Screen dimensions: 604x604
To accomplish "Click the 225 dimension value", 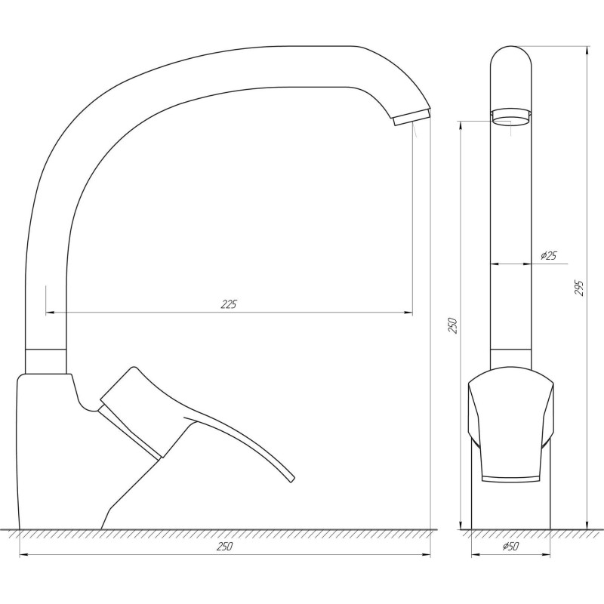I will [x=229, y=304].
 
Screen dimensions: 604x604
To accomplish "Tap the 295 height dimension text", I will [x=579, y=288].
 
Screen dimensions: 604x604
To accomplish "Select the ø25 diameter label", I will [x=549, y=256].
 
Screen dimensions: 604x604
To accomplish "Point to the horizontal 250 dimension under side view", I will [x=224, y=547].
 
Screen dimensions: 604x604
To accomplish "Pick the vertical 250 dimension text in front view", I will [x=452, y=325].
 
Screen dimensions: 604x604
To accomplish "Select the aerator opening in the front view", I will [x=510, y=116].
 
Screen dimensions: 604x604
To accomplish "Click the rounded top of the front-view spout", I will [x=510, y=53].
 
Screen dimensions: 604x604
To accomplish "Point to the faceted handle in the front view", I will [x=510, y=423].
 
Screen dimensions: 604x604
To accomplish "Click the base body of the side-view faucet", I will [x=53, y=453].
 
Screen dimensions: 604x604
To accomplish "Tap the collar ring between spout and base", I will [x=46, y=361].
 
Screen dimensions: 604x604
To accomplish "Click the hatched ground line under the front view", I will [x=510, y=533].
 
